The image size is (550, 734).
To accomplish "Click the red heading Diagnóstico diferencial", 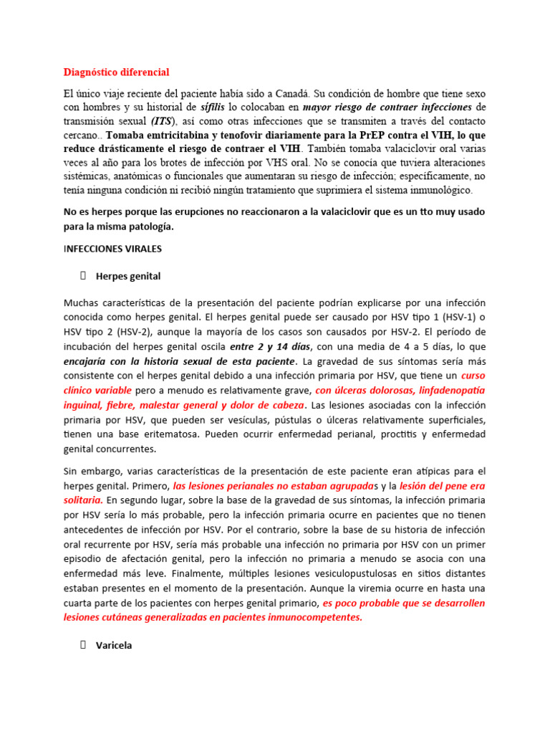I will point(116,72).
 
